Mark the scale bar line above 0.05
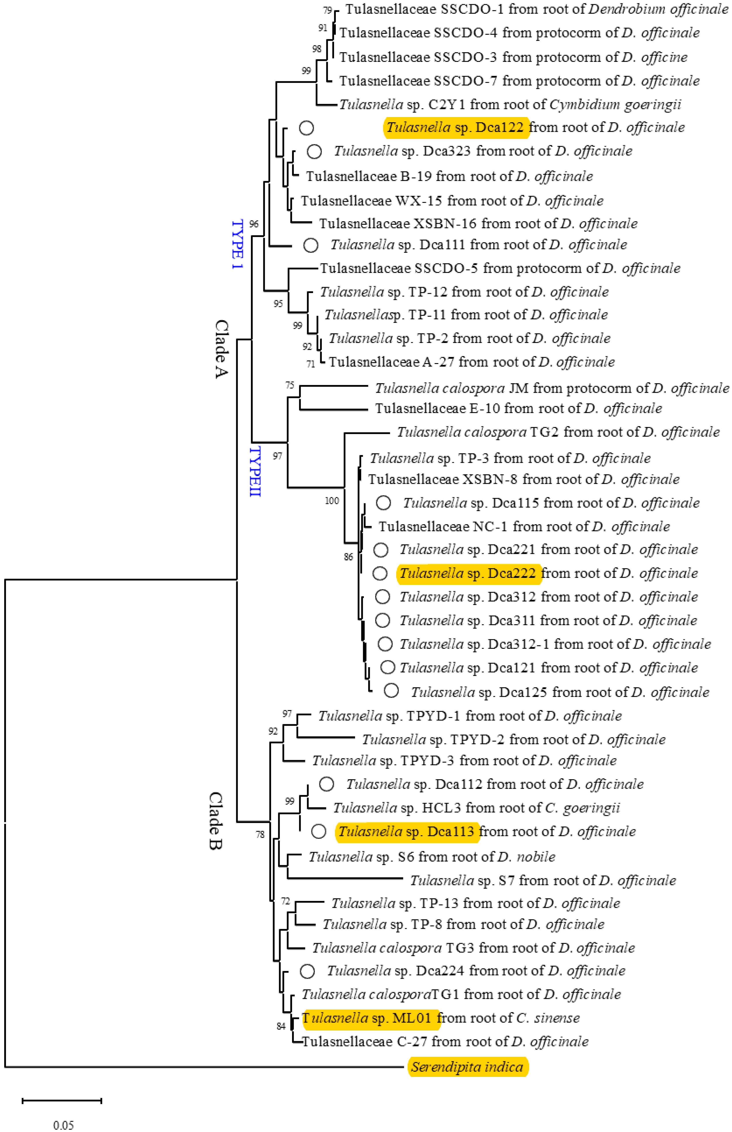(62, 1100)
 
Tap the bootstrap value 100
(332, 501)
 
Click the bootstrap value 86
(348, 557)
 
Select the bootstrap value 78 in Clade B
(260, 834)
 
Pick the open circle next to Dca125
(391, 691)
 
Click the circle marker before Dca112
(326, 784)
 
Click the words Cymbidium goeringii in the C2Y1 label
(615, 105)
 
